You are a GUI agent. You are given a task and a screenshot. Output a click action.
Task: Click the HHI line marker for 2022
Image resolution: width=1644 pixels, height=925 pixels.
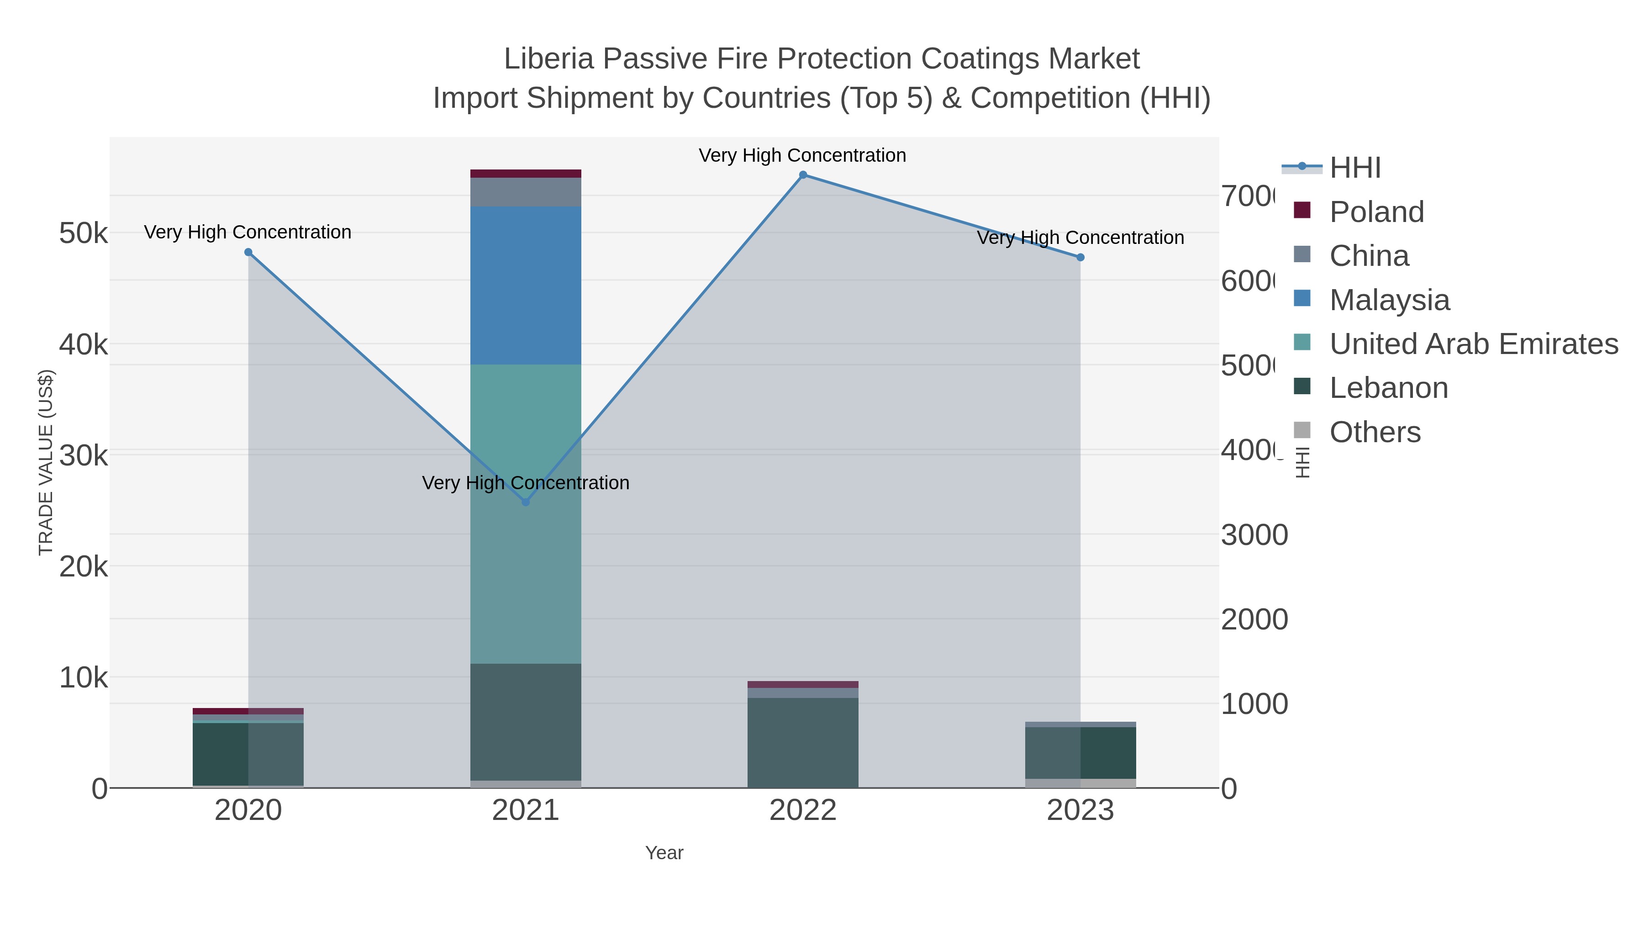pos(803,175)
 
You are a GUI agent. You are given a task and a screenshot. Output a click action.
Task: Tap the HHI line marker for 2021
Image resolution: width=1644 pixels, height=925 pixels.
pos(525,502)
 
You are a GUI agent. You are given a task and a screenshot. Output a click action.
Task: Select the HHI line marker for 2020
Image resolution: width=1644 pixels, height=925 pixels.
pos(248,252)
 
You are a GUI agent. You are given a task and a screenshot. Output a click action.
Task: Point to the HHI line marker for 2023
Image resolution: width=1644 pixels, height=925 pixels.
pos(1080,257)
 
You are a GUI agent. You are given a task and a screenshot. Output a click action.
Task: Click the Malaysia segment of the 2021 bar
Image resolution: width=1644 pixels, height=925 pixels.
pos(525,285)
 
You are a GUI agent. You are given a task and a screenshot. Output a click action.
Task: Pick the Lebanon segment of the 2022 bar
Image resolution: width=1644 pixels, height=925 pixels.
pos(803,742)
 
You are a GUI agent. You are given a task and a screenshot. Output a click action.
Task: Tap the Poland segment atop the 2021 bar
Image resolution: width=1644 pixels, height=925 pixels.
pos(525,174)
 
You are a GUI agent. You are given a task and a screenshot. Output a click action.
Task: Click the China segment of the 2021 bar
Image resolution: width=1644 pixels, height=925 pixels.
pos(525,192)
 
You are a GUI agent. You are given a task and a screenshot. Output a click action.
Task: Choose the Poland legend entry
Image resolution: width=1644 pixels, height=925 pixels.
pos(1376,212)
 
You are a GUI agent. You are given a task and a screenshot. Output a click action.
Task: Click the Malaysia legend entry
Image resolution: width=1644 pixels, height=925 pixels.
pos(1389,300)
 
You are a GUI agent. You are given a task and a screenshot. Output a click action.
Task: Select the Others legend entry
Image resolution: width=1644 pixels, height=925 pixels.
pos(1375,432)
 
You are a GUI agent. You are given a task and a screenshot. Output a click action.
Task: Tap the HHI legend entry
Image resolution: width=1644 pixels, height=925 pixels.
pos(1354,168)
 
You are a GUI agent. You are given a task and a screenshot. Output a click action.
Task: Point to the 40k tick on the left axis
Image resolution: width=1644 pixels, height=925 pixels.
pos(83,345)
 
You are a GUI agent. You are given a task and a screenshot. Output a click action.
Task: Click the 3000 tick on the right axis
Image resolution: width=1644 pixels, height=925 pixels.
pos(1254,535)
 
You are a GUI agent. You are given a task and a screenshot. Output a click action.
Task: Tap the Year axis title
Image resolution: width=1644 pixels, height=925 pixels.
pos(664,853)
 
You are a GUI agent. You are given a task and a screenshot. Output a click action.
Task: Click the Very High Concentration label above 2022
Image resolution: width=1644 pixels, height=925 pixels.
pos(802,156)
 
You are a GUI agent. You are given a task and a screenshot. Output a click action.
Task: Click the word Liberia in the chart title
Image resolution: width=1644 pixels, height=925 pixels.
pos(549,59)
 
